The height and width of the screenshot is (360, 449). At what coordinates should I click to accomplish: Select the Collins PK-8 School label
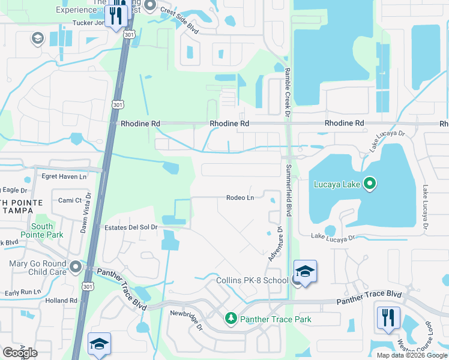coord(252,280)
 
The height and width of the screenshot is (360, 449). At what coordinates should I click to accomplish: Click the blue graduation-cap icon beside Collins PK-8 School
coord(305,272)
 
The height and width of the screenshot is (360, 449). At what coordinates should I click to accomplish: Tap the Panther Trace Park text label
coord(276,319)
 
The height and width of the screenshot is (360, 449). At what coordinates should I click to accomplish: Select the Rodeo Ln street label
coord(241,197)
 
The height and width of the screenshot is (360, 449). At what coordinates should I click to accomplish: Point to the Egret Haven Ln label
coord(64,176)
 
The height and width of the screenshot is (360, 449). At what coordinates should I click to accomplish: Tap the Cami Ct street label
coord(70,200)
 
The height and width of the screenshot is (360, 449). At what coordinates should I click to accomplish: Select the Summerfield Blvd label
coord(289,190)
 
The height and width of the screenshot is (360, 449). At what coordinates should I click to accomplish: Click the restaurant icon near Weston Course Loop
coord(388,317)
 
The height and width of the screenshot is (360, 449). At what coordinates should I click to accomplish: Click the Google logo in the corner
coord(20,353)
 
